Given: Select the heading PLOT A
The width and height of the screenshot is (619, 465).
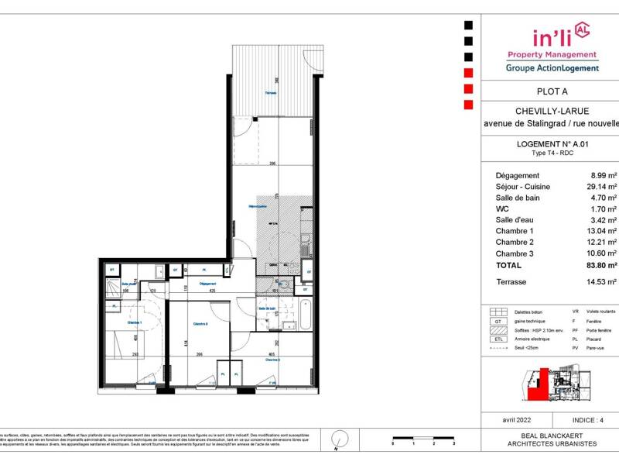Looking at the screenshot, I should [551, 90].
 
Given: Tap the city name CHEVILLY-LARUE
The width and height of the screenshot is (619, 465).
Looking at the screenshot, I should [551, 110].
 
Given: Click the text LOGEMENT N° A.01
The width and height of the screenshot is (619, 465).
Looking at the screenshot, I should [551, 144].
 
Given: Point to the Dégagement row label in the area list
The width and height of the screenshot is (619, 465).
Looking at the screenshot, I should [518, 176].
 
